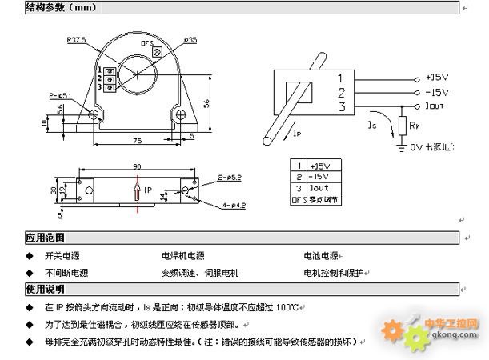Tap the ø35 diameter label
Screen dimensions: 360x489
point(190,41)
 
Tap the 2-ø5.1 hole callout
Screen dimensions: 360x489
point(60,96)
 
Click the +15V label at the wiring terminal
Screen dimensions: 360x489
point(437,78)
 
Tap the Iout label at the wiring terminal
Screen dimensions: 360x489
point(437,106)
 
